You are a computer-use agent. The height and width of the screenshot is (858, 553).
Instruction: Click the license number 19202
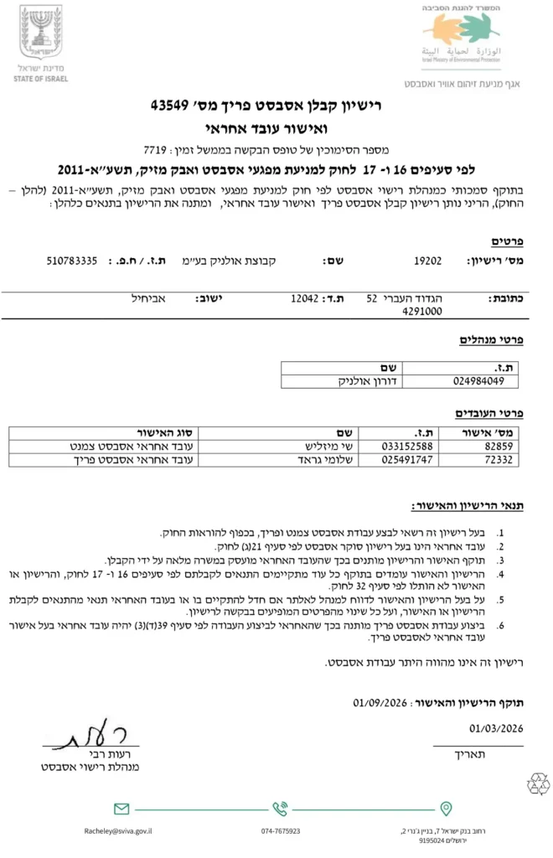[427, 261]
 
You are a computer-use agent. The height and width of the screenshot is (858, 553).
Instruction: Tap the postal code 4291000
[426, 311]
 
